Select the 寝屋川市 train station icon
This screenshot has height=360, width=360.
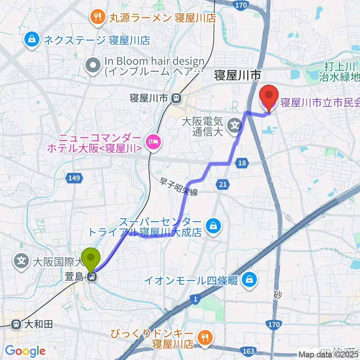point(175,98)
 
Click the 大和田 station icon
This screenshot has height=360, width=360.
point(16,324)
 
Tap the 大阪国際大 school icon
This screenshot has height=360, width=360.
point(22,259)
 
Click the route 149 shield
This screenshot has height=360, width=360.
point(75,178)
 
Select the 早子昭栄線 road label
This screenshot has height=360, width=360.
point(178,187)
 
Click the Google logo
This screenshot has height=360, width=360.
point(25,351)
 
